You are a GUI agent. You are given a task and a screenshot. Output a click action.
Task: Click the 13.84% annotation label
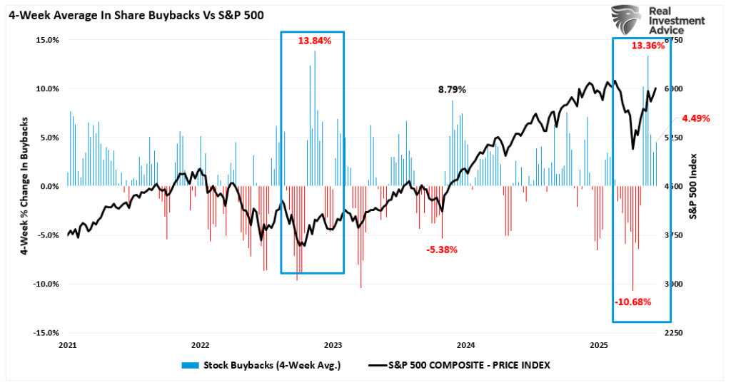[315, 41]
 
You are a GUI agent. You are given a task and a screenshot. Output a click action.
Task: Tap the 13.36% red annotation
[647, 46]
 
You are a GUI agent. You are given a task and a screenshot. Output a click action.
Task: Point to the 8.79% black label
[452, 90]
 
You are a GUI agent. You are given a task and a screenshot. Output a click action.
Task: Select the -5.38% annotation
[442, 250]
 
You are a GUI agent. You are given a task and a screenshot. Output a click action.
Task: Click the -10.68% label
[632, 302]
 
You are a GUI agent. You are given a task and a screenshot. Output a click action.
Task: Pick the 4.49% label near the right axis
[696, 118]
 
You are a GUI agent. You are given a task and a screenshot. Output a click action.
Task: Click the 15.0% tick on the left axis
[46, 40]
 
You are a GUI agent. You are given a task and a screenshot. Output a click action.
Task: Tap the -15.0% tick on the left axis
[45, 333]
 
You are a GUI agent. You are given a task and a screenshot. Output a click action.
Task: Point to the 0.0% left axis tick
[49, 186]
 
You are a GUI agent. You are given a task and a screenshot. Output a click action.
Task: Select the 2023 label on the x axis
[333, 345]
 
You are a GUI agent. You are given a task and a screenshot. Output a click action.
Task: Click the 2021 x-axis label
[67, 345]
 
